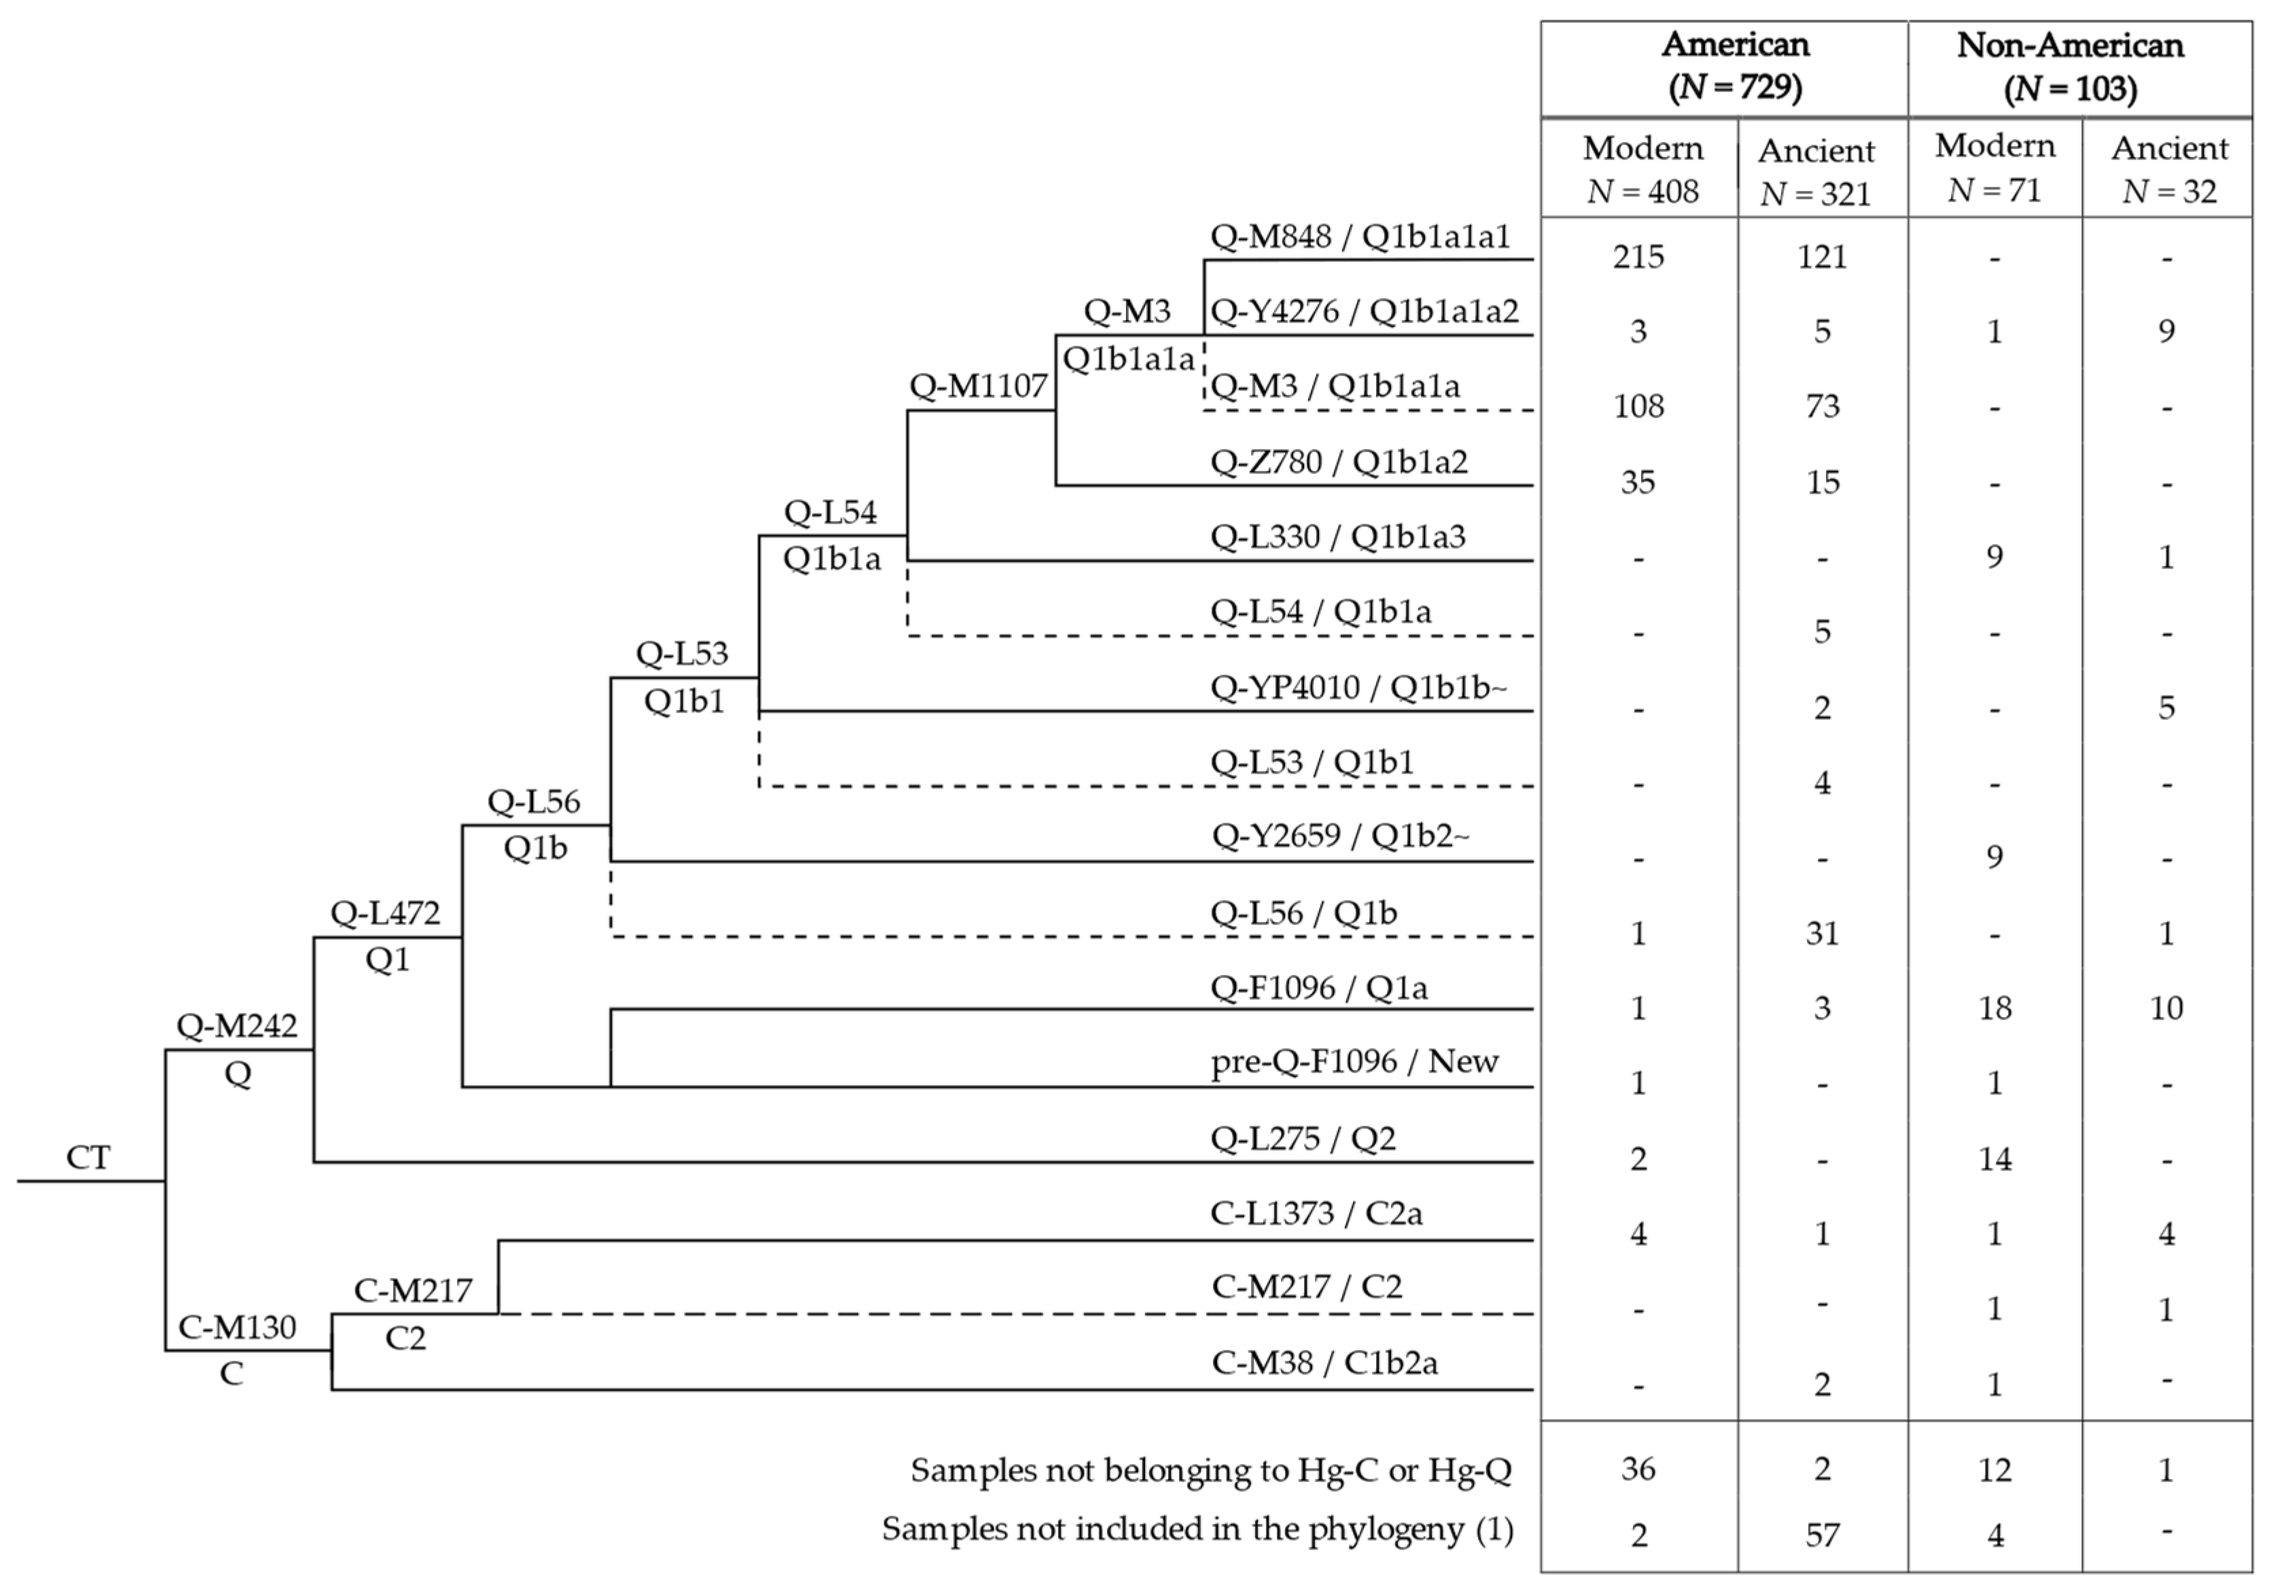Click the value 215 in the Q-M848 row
pos(1638,257)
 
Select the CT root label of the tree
pos(88,1157)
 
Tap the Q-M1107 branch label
pos(977,387)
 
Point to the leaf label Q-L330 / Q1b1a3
pos(1337,537)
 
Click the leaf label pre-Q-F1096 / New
pos(1354,1061)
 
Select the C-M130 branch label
pos(236,1327)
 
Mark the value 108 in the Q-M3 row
pos(1638,406)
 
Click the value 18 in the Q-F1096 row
pos(1994,1008)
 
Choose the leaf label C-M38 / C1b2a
pos(1324,1363)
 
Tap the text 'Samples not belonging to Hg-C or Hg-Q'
pos(1210,1471)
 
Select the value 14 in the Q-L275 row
pos(1994,1158)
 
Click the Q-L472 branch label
pos(385,913)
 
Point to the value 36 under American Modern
pos(1638,1469)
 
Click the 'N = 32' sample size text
pos(2168,191)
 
